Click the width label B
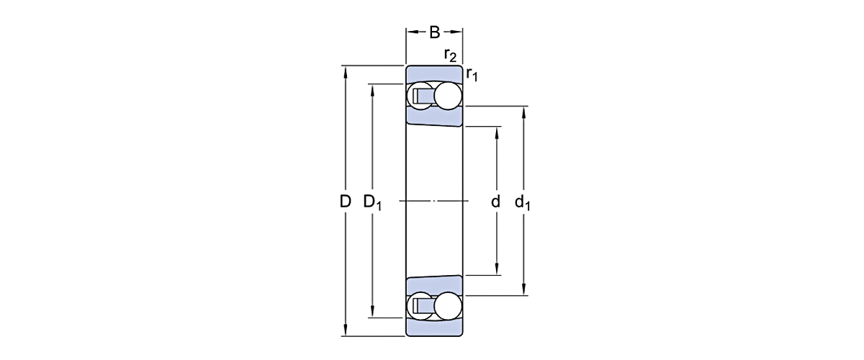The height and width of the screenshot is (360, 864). click(x=434, y=32)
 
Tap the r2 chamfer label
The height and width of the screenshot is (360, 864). click(x=450, y=55)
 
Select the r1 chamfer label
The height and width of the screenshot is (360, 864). click(x=472, y=73)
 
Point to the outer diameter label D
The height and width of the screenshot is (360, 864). click(x=345, y=202)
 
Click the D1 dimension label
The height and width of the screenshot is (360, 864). click(x=372, y=202)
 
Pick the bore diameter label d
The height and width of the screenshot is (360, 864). click(x=495, y=202)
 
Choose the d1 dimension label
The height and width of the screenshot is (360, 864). click(x=523, y=203)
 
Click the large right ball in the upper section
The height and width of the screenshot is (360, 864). click(x=447, y=96)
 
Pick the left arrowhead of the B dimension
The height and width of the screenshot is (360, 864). click(x=410, y=32)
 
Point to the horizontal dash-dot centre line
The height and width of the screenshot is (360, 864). click(x=434, y=200)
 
